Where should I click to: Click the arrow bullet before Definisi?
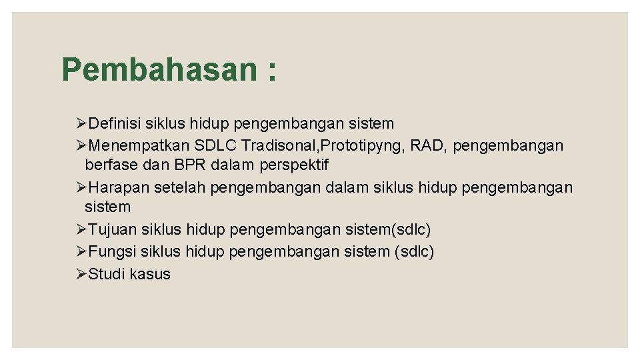(82, 123)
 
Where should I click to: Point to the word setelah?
(180, 188)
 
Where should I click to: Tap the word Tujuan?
(111, 230)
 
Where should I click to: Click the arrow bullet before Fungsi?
(82, 252)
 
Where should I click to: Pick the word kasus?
(151, 274)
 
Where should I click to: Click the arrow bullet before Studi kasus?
(82, 274)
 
